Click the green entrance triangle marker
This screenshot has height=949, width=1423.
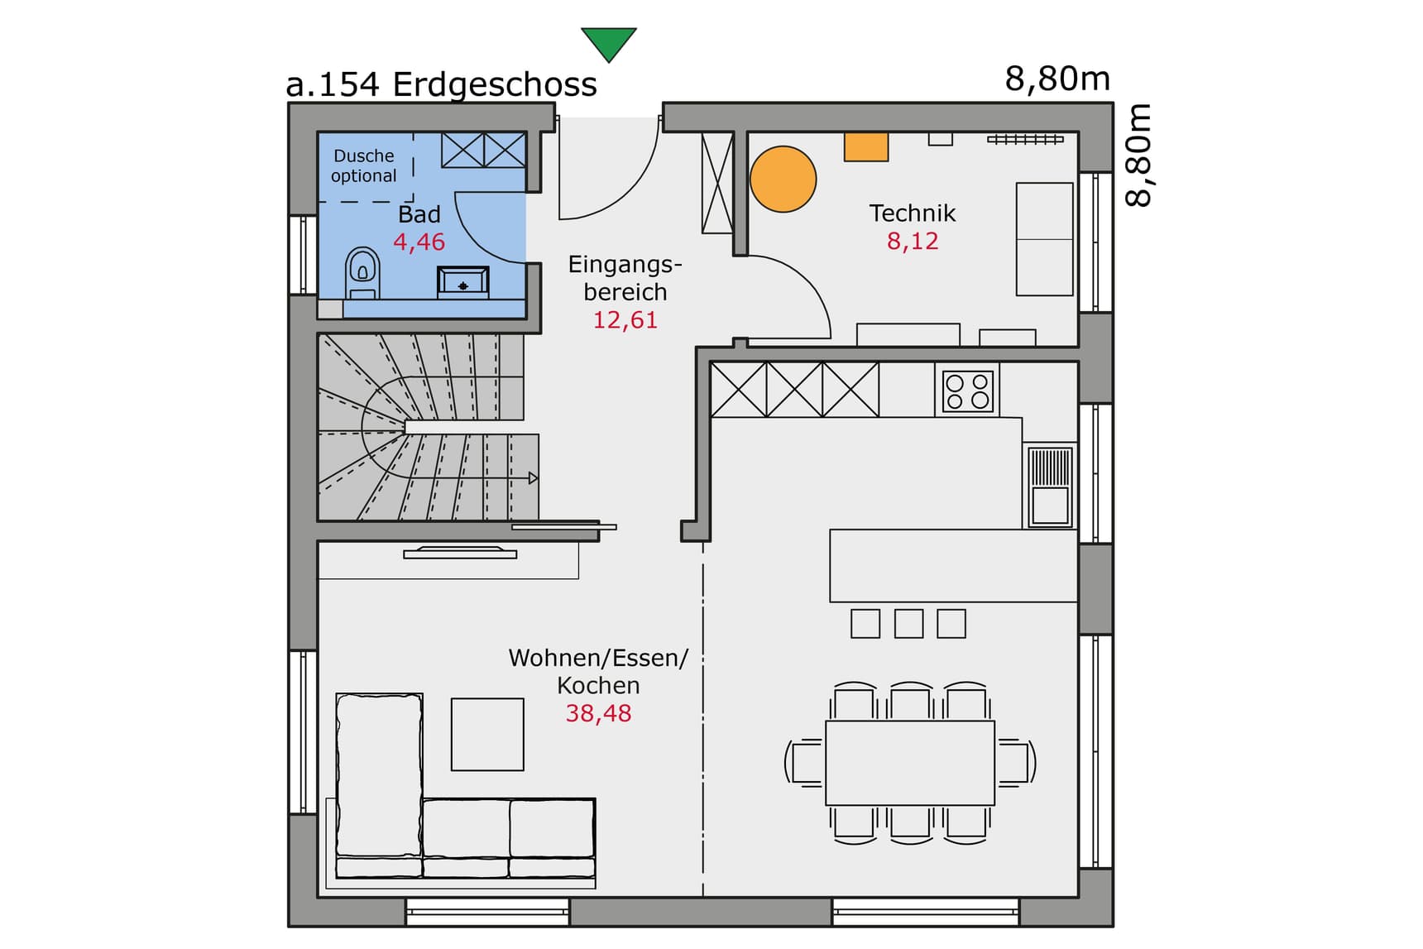(x=608, y=42)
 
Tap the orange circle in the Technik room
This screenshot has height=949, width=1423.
(x=783, y=179)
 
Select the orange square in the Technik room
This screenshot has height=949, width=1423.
(x=865, y=146)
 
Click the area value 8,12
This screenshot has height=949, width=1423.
(x=913, y=242)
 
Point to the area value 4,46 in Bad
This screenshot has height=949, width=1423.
(x=419, y=242)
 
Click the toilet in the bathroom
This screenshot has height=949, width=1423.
(x=362, y=271)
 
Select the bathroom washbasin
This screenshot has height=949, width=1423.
(x=462, y=281)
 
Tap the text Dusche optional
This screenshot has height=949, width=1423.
(x=364, y=165)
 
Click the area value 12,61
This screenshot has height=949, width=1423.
(x=625, y=320)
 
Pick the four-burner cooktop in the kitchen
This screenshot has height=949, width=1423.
(x=967, y=391)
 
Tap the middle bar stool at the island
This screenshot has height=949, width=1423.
(x=908, y=623)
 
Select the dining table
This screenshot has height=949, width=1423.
(x=910, y=762)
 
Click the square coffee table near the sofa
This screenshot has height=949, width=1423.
(x=487, y=734)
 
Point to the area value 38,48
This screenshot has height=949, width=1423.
(x=598, y=713)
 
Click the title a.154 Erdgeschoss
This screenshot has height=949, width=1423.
(x=441, y=84)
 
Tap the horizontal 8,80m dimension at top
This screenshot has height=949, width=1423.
(x=1056, y=79)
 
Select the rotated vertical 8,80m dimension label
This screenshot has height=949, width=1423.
(x=1138, y=155)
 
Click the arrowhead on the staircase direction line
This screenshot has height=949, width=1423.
(x=533, y=478)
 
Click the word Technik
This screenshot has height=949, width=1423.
(x=912, y=213)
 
